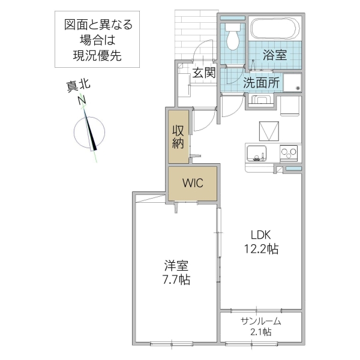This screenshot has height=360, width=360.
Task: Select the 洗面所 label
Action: tap(261, 83)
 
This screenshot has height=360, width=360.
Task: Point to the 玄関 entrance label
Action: tap(204, 73)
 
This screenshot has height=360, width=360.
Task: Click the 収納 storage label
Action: tap(178, 136)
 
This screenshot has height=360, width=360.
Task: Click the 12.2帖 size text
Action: tap(260, 249)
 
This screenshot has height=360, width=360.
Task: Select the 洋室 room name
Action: tap(173, 265)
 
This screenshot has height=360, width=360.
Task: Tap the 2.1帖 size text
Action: tap(261, 332)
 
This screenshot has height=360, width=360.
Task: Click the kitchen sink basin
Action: tap(256, 154)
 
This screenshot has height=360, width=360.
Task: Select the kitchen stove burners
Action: tap(290, 153)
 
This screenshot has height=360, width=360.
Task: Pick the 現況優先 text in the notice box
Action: tap(98, 58)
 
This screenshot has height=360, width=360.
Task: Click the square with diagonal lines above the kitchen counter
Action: tap(269, 131)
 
